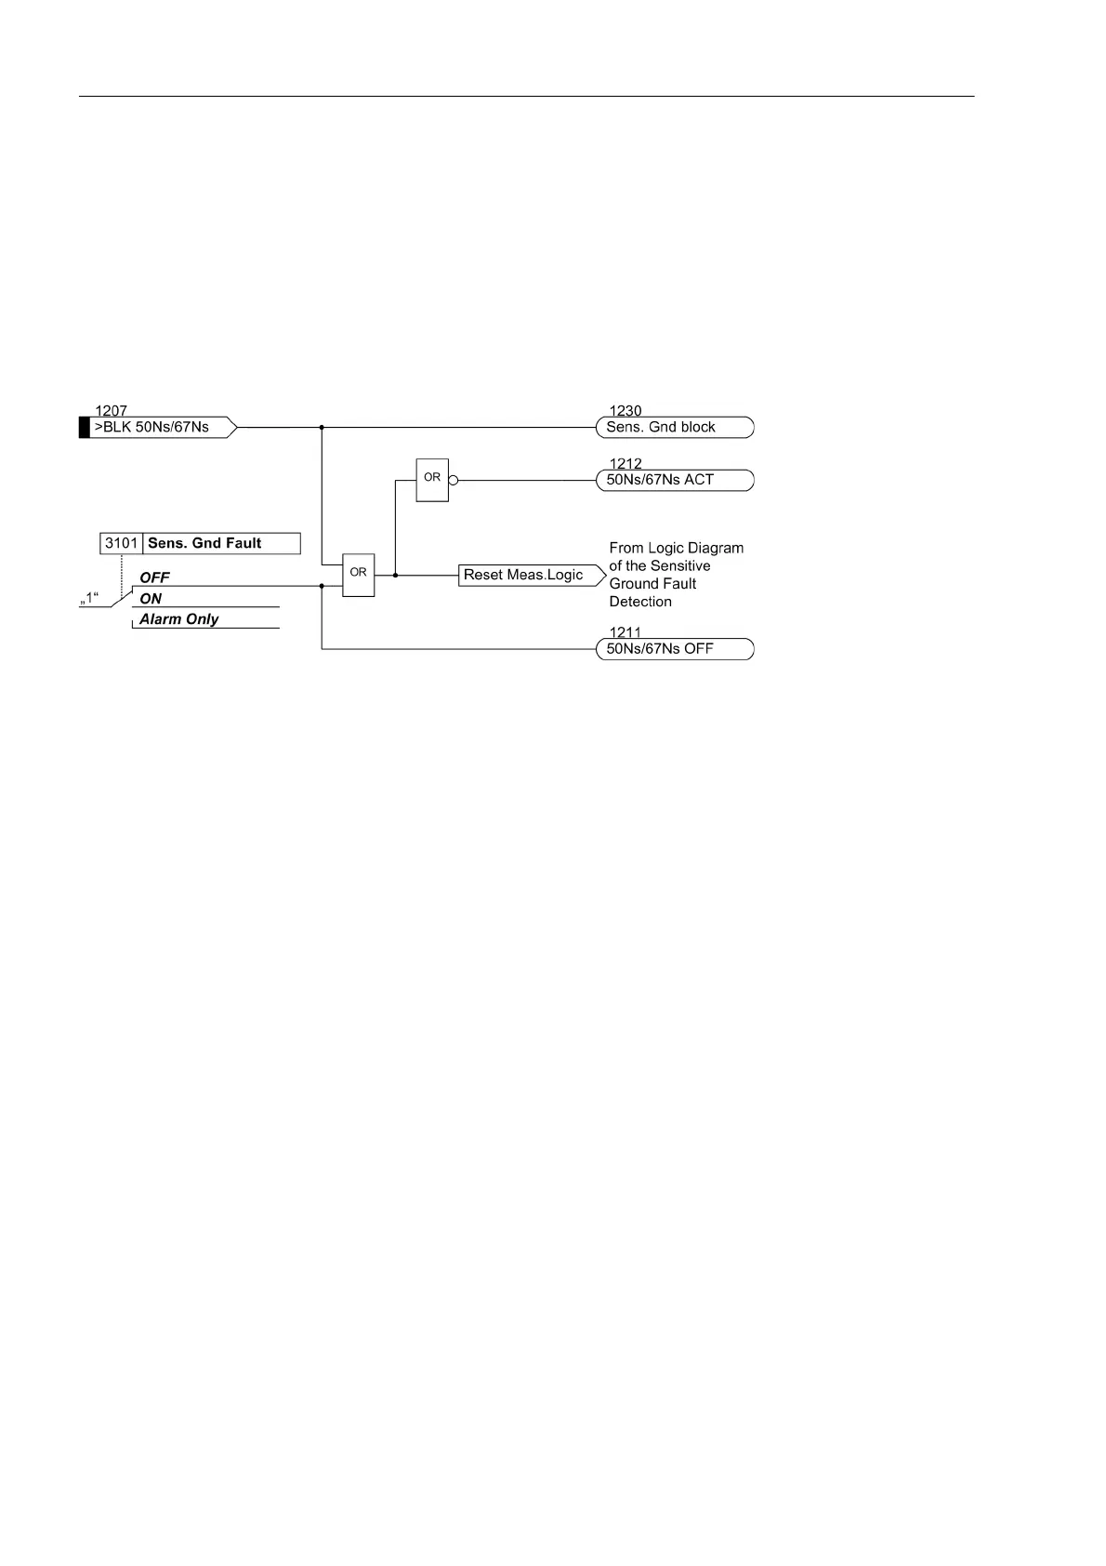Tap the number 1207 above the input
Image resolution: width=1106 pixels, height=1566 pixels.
(x=111, y=411)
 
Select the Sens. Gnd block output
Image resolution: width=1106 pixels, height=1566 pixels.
(x=674, y=428)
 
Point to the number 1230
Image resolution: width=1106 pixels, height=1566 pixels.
(x=625, y=411)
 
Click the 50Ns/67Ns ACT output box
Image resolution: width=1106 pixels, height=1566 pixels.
(x=674, y=481)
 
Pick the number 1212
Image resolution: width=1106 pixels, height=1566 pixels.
(x=625, y=464)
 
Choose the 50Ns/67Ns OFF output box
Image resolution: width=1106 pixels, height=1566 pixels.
(x=674, y=649)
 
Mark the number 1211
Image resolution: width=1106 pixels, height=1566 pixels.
(x=625, y=632)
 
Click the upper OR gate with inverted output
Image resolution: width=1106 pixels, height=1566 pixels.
(x=432, y=480)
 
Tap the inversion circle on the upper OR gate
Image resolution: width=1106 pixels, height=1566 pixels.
(x=454, y=481)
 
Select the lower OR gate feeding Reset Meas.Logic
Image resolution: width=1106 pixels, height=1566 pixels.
(x=358, y=575)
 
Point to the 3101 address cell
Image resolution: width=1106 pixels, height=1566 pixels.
(x=122, y=543)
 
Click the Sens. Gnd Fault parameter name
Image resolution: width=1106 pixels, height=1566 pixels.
(x=205, y=543)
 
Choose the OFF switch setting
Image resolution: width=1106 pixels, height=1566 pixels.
(x=155, y=577)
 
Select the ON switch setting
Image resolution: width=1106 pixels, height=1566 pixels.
(x=151, y=599)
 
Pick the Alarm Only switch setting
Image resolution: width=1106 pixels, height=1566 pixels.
(x=179, y=619)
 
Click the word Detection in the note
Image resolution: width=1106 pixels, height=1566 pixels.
(x=640, y=602)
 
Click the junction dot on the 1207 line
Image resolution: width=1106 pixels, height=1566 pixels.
(x=322, y=428)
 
